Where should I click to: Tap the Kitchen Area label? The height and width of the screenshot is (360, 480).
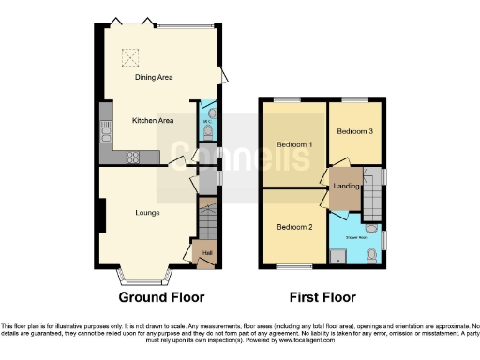153,120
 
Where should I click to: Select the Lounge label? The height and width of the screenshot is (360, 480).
145,212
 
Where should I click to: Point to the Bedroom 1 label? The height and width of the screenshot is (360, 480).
294,144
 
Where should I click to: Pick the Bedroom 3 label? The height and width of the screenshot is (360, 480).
355,131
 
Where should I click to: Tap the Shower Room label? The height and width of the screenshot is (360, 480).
356,236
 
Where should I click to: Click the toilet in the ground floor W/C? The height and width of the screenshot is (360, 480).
207,132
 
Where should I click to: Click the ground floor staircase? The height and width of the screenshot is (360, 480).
207,221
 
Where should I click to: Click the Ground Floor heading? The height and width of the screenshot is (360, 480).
160,297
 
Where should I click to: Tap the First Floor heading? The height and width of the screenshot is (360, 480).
322,297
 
